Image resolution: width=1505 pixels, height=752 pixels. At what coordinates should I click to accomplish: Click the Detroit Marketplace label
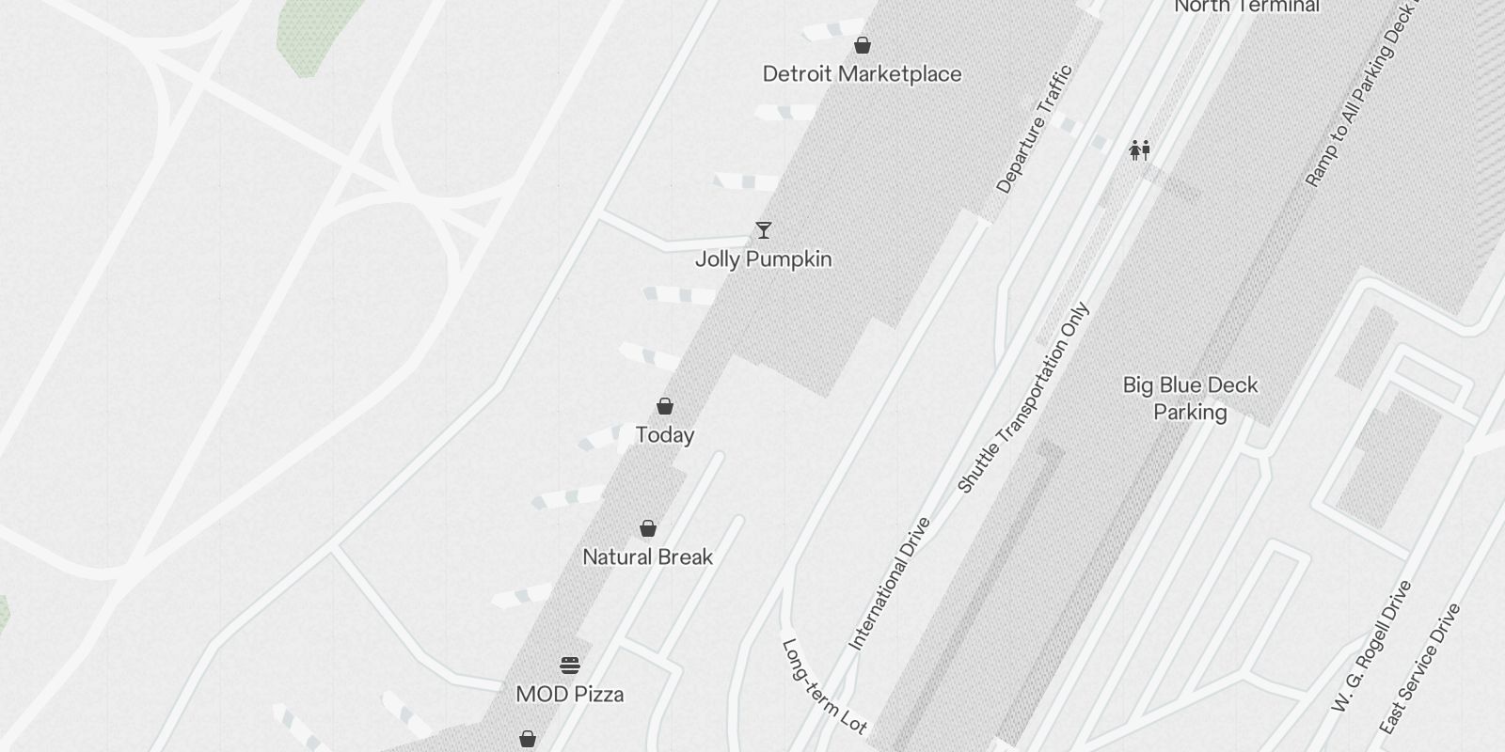[862, 74]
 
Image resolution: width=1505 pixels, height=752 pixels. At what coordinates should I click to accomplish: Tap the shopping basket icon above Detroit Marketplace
[862, 45]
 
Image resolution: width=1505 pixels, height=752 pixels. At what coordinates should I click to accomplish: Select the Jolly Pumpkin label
[763, 259]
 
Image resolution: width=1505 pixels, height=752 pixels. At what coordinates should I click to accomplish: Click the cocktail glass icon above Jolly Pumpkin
[763, 230]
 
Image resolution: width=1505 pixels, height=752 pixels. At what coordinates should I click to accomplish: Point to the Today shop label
[665, 435]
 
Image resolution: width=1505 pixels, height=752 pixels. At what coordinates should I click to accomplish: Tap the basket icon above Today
[665, 406]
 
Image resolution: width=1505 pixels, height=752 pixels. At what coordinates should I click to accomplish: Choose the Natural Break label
[647, 557]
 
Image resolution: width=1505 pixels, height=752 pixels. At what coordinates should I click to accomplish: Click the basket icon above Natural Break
[648, 528]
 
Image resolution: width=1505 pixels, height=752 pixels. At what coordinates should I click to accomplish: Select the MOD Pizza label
[570, 695]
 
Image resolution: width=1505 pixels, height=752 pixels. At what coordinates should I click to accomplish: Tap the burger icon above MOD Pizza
[570, 666]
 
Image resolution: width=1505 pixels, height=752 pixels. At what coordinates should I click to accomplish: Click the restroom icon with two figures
[1140, 150]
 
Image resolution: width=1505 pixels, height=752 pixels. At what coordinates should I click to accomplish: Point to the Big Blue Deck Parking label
[1190, 399]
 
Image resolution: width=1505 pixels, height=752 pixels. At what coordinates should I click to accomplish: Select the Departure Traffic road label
[1034, 130]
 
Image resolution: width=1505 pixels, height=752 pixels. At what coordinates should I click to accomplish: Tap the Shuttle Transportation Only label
[1023, 398]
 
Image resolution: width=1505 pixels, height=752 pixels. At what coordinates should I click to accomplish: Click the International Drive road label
[890, 584]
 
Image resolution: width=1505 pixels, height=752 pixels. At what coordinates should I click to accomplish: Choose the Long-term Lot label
[824, 687]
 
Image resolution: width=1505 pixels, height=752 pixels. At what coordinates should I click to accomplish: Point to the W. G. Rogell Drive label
[1372, 646]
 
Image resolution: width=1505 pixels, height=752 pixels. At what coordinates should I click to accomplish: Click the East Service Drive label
[1420, 668]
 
